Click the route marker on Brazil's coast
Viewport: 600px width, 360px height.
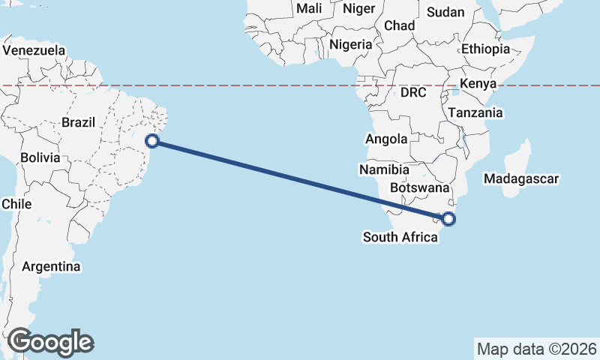[x=153, y=140]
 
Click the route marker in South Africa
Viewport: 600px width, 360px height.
[x=448, y=219]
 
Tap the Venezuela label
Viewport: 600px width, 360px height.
[x=34, y=51]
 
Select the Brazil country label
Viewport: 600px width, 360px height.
[x=78, y=122]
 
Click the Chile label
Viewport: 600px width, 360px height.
[x=16, y=204]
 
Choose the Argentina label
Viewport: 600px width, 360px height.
[x=52, y=266]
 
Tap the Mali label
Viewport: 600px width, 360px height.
[x=309, y=9]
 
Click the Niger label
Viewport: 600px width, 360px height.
[x=358, y=9]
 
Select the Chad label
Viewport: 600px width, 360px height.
[x=399, y=25]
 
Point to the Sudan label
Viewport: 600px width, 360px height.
[x=445, y=12]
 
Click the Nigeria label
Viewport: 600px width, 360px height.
[x=350, y=44]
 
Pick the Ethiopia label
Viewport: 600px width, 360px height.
[x=485, y=49]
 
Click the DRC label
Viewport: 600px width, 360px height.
[x=413, y=93]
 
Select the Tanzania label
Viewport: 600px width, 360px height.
[x=475, y=113]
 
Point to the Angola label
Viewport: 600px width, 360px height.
[x=386, y=139]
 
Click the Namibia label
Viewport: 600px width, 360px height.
[x=381, y=169]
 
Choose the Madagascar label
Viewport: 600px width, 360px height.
[x=522, y=179]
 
